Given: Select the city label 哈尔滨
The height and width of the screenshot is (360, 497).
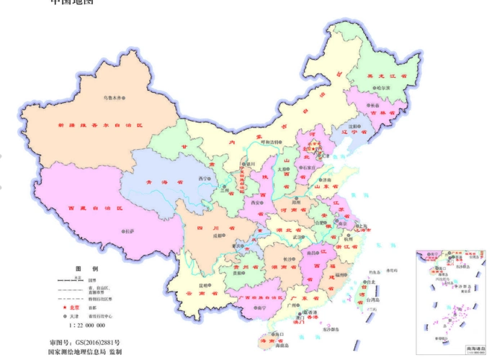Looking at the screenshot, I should coord(382,87).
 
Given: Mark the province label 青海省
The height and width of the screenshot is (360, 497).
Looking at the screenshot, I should coord(157,182).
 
